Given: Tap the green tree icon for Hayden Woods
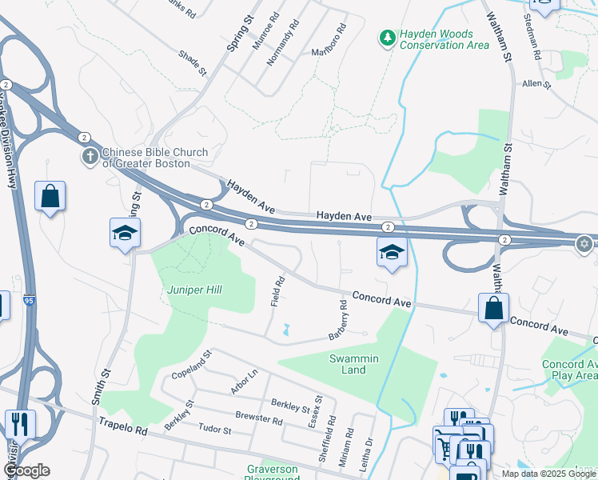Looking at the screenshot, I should [x=387, y=37].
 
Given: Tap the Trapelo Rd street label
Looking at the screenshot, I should [x=124, y=430].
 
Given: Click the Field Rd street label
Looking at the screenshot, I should [x=278, y=291].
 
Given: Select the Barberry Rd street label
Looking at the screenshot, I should [x=337, y=319].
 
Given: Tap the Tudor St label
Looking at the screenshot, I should [x=214, y=430].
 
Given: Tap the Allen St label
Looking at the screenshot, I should [x=536, y=83].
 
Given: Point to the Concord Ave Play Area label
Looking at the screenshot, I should [x=568, y=370].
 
